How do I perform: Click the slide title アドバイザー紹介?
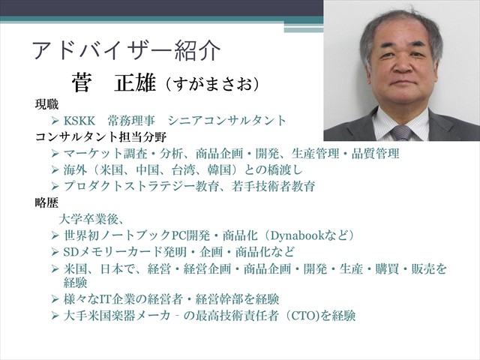tap(126, 51)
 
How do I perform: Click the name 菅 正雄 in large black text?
tap(114, 83)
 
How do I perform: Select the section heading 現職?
tap(46, 105)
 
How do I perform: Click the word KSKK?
tap(79, 121)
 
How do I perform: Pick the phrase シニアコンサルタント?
tap(226, 121)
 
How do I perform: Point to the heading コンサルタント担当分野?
tap(100, 136)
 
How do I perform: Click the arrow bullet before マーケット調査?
tap(55, 153)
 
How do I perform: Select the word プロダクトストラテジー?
tap(130, 187)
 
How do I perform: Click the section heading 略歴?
tap(46, 202)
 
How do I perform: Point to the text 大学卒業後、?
tap(91, 219)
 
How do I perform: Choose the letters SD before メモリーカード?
tap(71, 252)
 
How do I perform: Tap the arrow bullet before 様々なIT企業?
tap(55, 299)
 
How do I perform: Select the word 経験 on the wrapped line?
tap(75, 283)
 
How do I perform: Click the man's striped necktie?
tap(401, 133)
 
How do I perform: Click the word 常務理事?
tap(131, 121)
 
